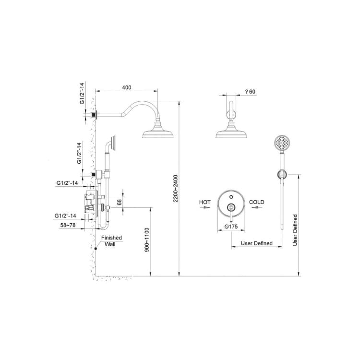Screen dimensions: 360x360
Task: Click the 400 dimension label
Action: [x=127, y=87]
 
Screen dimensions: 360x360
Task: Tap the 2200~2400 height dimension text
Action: [x=176, y=189]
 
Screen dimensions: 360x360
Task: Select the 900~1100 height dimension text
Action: [x=147, y=240]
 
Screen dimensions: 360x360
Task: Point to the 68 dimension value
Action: [x=119, y=202]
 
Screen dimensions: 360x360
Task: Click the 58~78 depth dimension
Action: [x=68, y=225]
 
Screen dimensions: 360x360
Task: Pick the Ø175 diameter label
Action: [x=231, y=227]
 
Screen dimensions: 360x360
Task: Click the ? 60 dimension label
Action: [x=250, y=92]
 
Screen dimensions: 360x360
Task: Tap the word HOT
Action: [x=205, y=202]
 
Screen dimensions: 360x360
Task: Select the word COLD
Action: [x=257, y=202]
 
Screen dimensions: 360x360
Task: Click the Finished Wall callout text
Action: [x=111, y=241]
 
